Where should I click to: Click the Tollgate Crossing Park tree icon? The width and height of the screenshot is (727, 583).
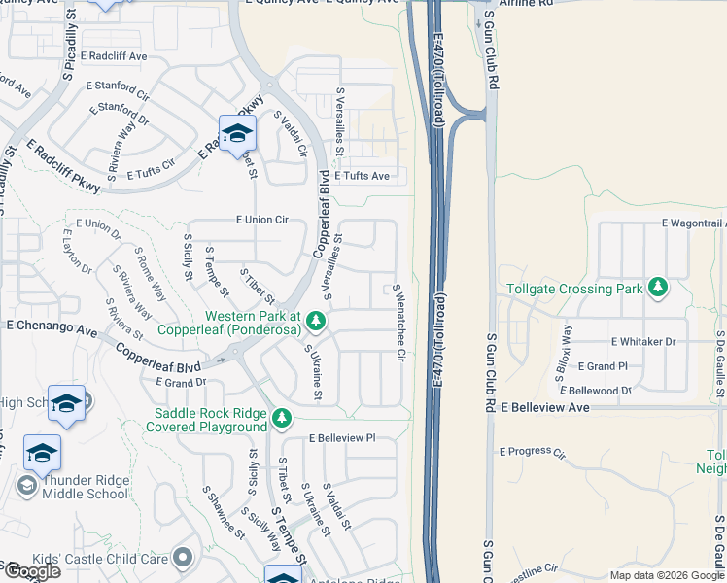coord(659,288)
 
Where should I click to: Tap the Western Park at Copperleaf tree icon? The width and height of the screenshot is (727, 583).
coord(315,320)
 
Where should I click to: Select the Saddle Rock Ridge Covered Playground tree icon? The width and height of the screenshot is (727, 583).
coord(281,418)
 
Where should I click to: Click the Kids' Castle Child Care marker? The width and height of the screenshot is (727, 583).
coord(182,557)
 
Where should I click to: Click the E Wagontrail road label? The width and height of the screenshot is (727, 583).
coord(693,223)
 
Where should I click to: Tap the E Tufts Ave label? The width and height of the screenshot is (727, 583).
coord(362,176)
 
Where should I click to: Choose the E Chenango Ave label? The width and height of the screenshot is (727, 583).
coord(52,326)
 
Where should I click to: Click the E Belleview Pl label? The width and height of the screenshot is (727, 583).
coord(341,438)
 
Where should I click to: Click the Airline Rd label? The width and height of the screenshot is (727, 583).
coord(525,4)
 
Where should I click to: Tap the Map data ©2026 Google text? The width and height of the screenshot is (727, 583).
coord(666,575)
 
